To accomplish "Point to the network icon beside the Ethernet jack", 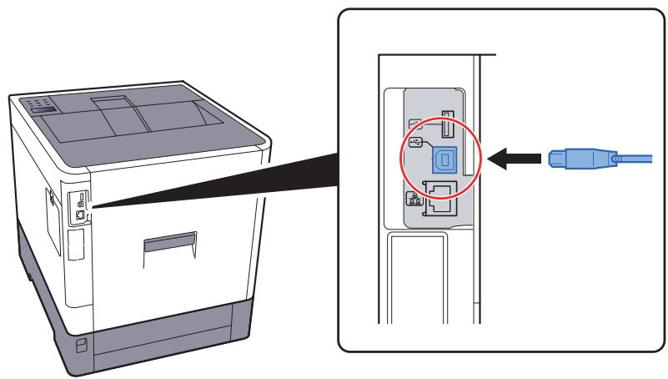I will point(414,200).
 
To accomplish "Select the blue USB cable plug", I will point(575,157).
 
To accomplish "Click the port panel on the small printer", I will point(80,205).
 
